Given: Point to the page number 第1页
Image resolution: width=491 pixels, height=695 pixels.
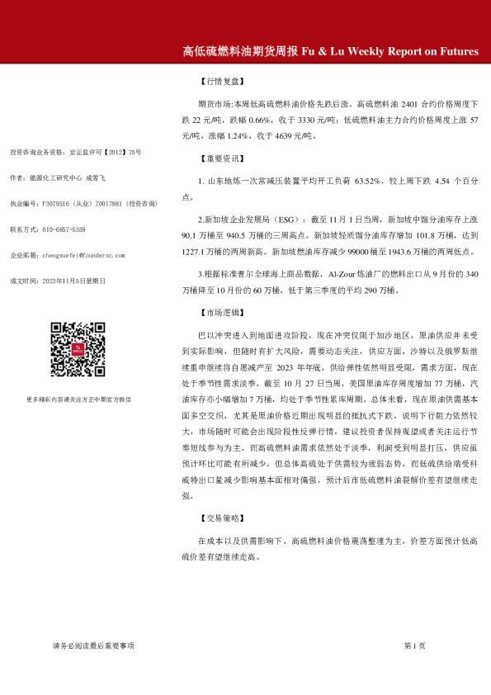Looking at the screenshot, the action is pos(414,645).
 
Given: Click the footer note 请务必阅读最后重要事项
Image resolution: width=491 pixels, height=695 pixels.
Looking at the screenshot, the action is pos(92,645).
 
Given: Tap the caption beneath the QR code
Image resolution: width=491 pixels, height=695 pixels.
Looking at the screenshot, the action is pos(78,399).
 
